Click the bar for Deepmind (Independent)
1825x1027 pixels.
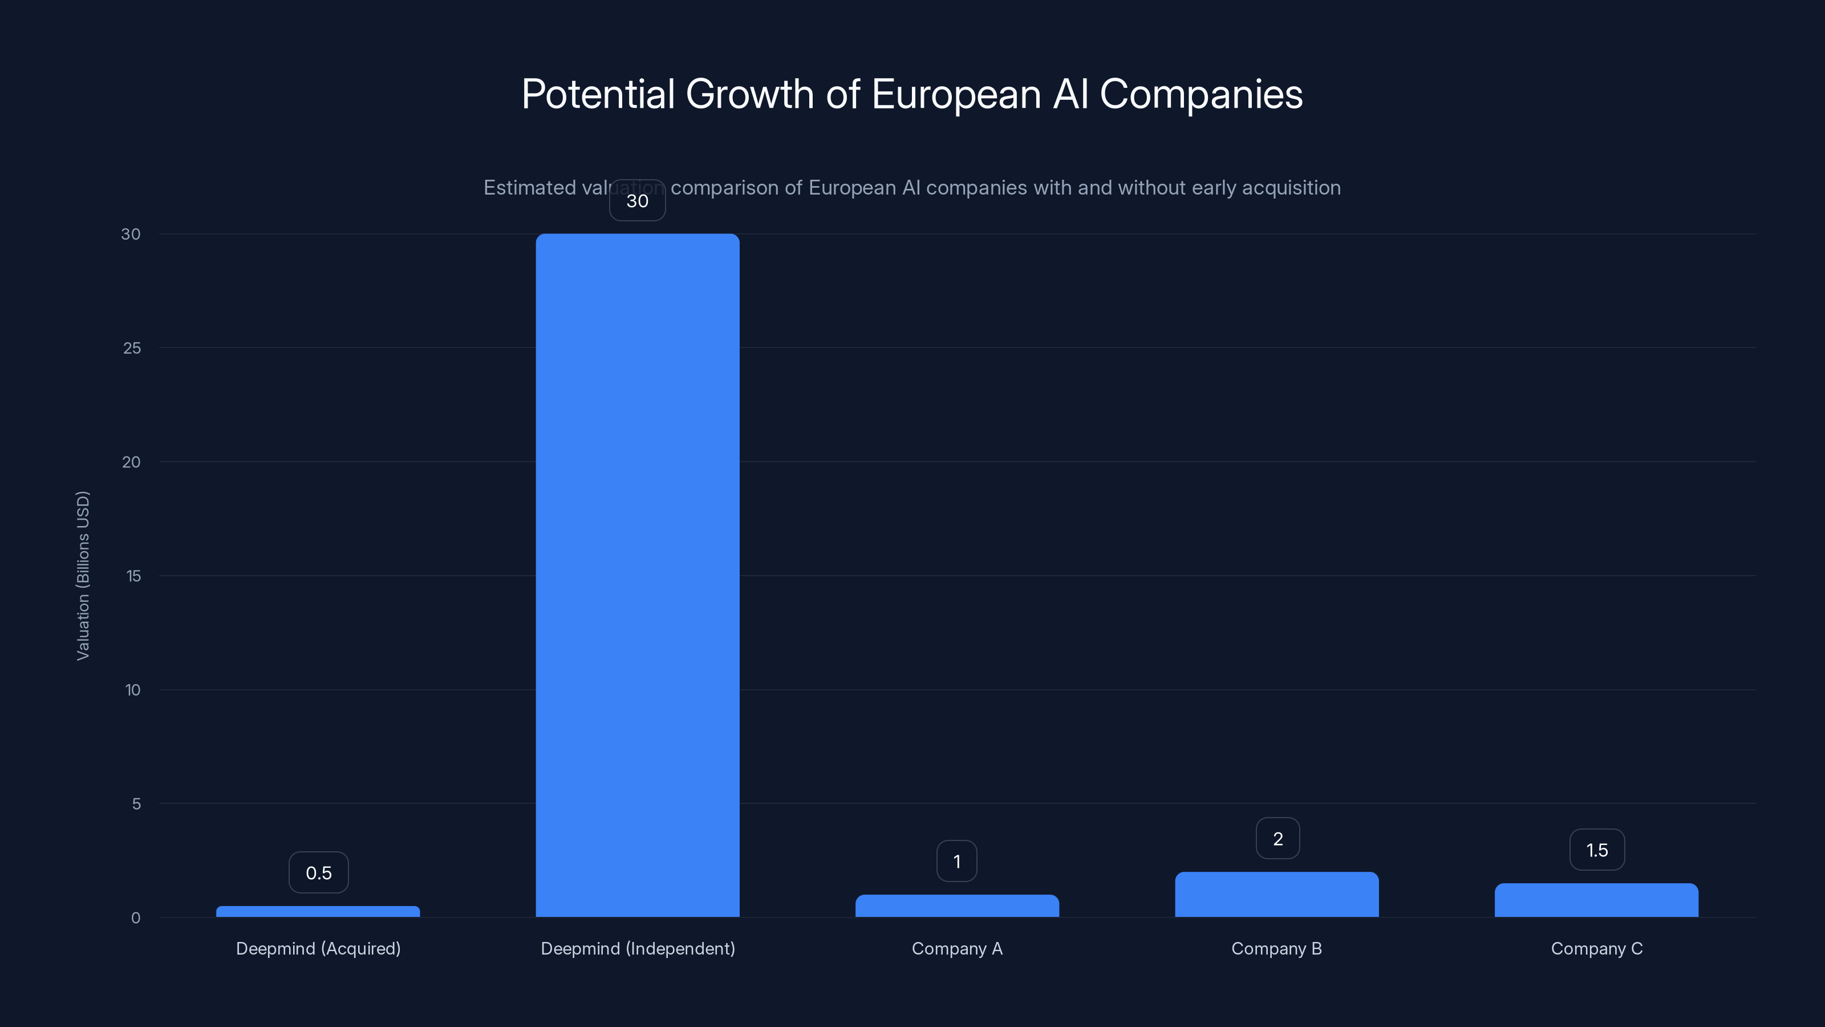pos(637,574)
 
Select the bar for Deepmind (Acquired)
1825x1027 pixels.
pos(318,912)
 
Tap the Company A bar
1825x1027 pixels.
pos(956,906)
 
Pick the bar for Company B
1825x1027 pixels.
pos(1277,895)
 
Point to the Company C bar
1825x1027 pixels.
pos(1596,900)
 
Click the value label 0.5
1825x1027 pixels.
pos(318,872)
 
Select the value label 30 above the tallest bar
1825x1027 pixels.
pos(637,201)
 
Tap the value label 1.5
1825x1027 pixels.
pos(1596,850)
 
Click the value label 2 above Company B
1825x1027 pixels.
pos(1277,839)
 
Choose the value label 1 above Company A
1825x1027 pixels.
pos(956,861)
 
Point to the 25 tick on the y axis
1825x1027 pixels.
pos(132,348)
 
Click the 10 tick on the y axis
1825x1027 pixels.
pos(132,690)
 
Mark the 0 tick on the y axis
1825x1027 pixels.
pos(135,918)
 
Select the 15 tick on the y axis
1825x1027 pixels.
pos(133,576)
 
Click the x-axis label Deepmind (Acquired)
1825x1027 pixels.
pos(318,948)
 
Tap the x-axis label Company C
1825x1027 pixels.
pos(1596,948)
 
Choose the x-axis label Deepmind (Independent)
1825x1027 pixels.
pos(638,948)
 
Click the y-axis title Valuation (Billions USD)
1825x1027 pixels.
pos(83,576)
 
